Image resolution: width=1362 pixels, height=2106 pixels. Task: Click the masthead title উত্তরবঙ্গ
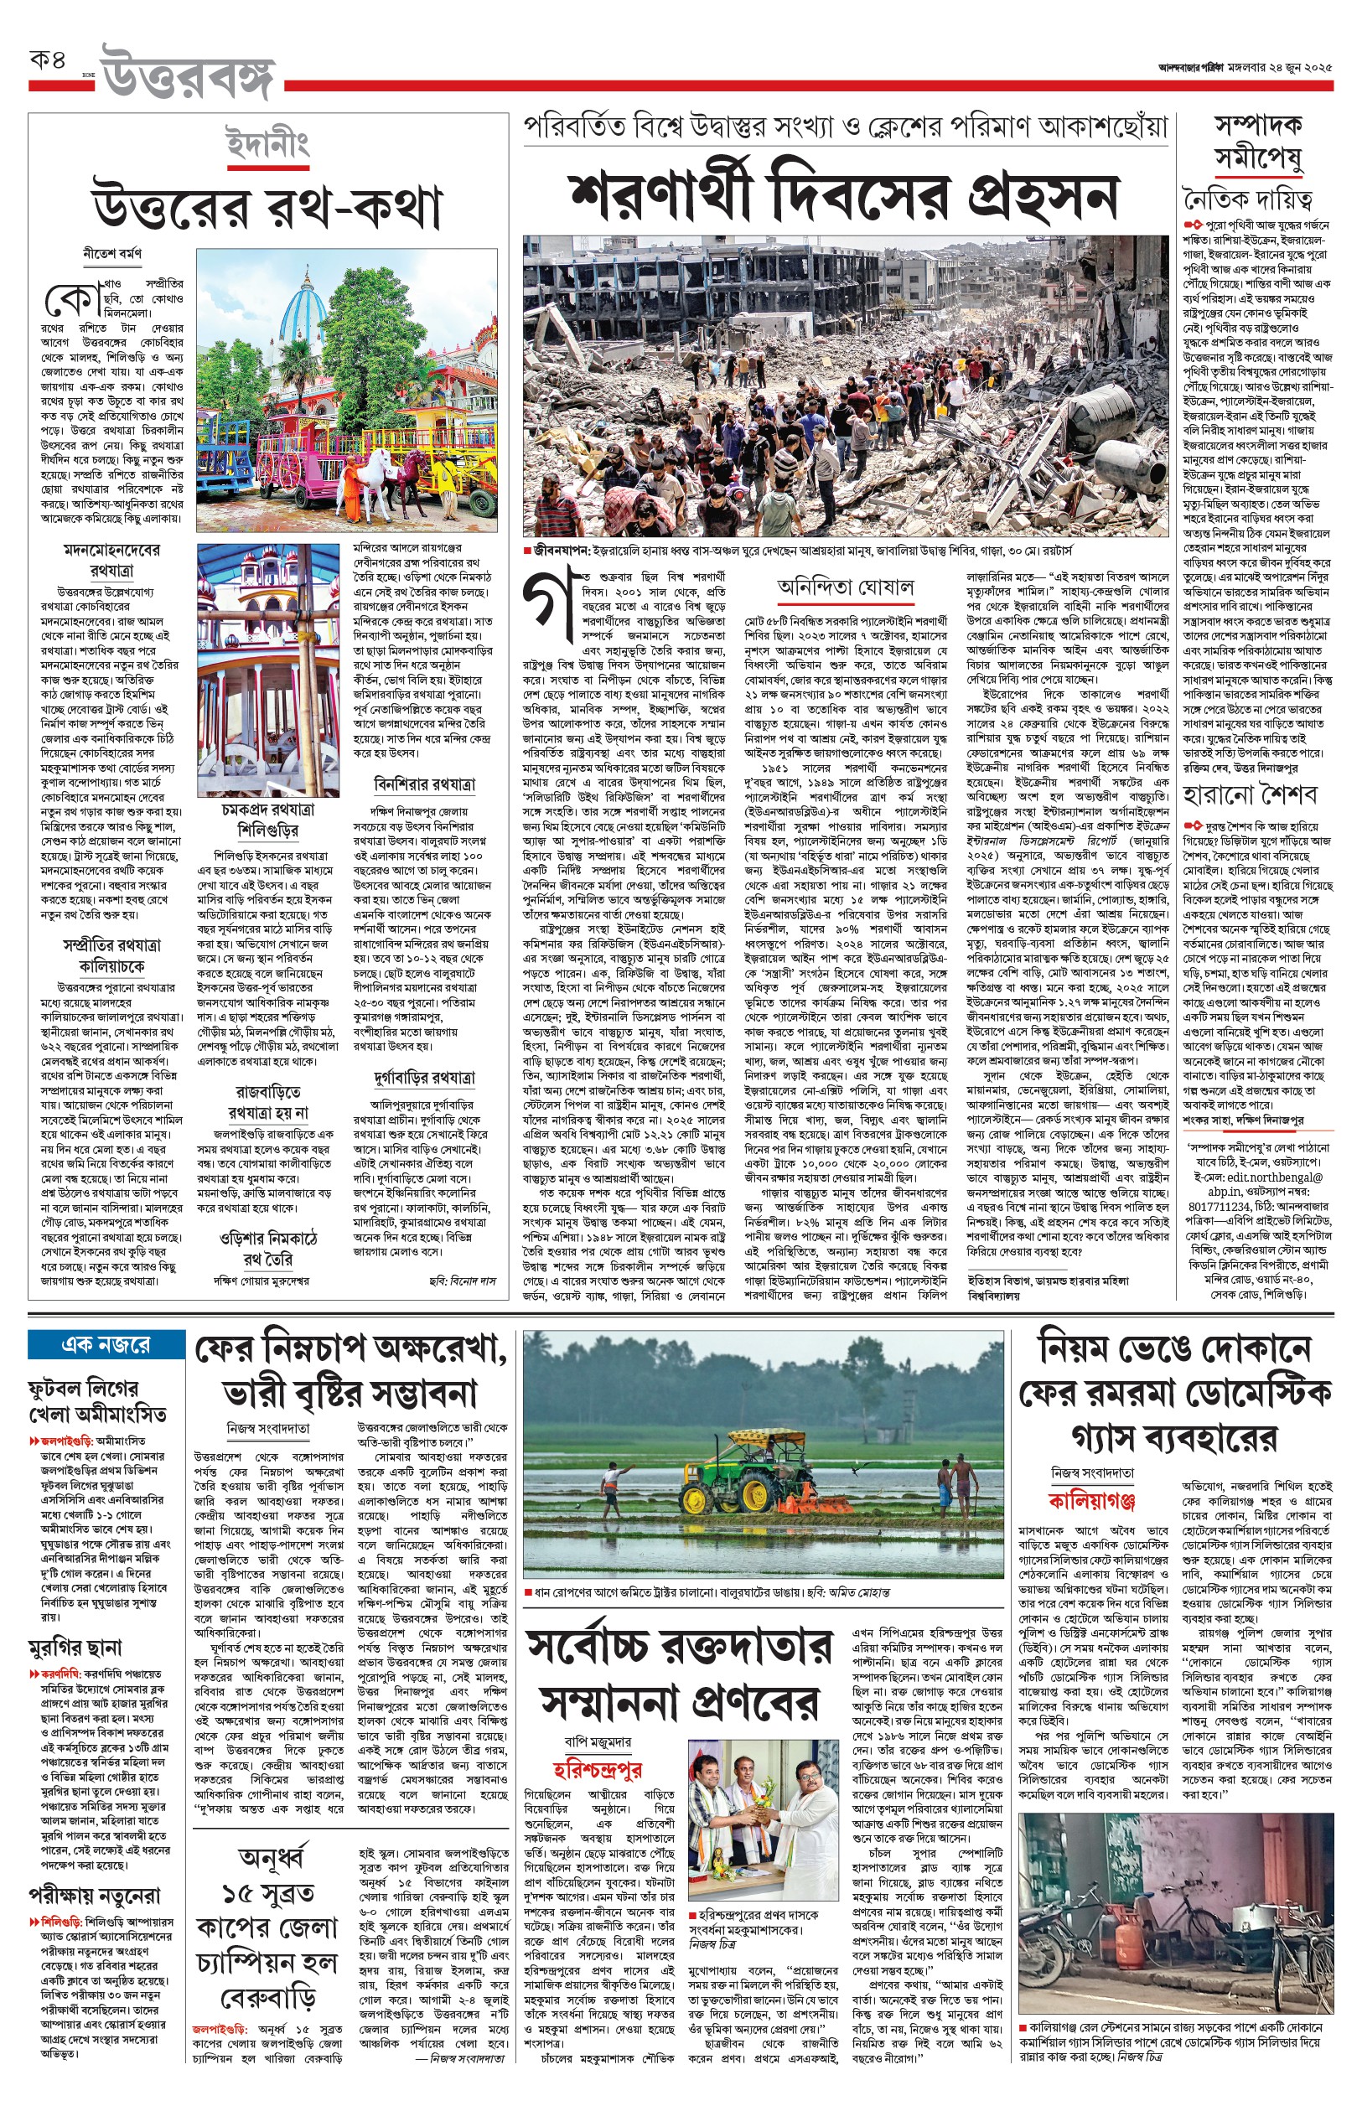click(x=189, y=73)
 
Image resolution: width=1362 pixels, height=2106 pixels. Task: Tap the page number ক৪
click(x=49, y=62)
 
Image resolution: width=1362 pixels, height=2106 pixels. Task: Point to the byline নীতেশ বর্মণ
click(x=112, y=254)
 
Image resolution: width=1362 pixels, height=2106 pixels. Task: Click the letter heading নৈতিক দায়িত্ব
click(x=1247, y=198)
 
